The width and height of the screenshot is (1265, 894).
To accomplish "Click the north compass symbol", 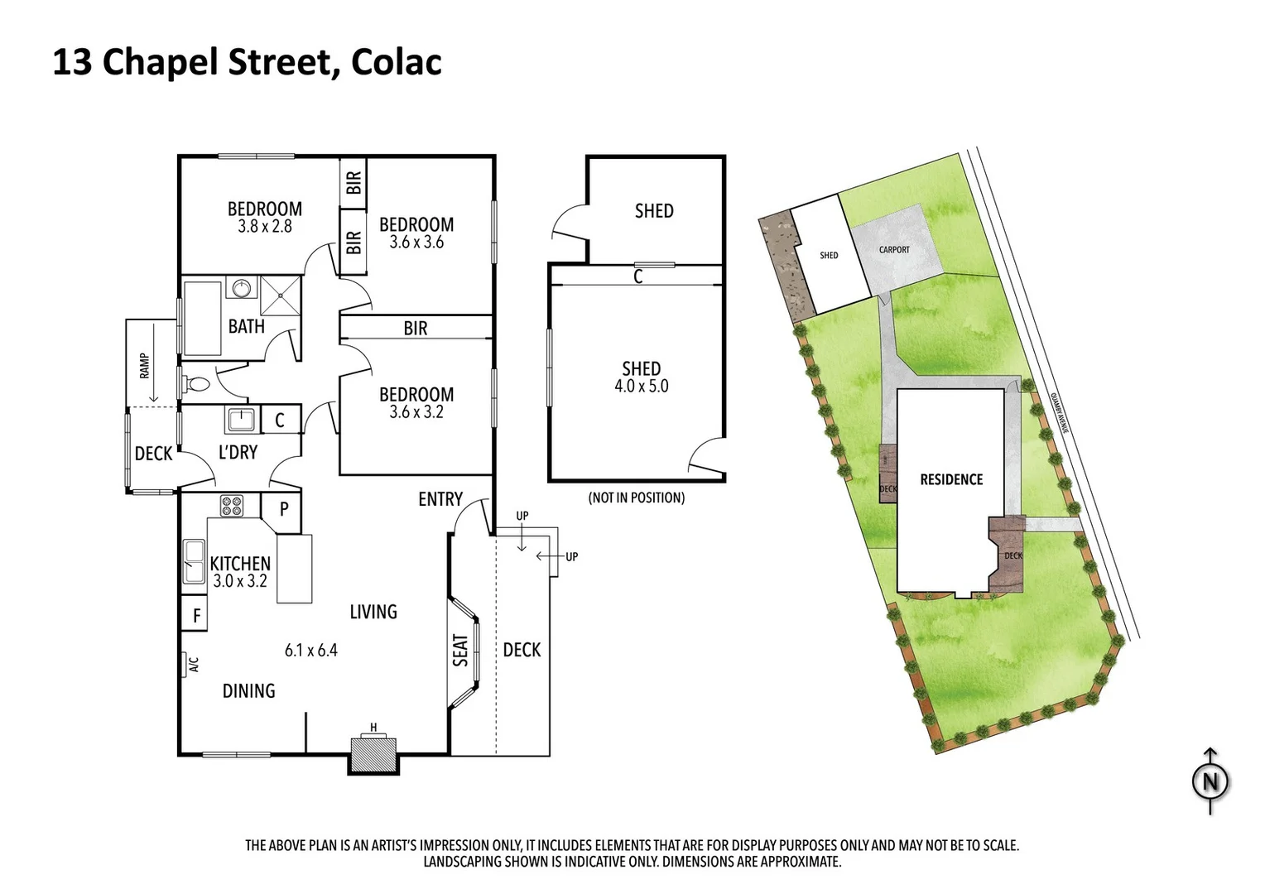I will pyautogui.click(x=1210, y=781).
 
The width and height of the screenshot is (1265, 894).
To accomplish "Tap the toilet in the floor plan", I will pyautogui.click(x=197, y=384).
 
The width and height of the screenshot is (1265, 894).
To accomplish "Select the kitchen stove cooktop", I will pyautogui.click(x=231, y=505).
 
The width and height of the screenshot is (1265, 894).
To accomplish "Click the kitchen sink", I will pyautogui.click(x=194, y=561).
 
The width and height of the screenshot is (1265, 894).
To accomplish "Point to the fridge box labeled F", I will pyautogui.click(x=195, y=616).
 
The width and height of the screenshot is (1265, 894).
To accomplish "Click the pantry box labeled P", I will pyautogui.click(x=283, y=509).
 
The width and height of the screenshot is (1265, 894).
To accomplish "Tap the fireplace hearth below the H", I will pyautogui.click(x=373, y=754).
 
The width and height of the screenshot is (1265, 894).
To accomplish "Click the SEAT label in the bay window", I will pyautogui.click(x=460, y=651).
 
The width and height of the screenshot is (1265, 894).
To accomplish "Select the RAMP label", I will pyautogui.click(x=145, y=365).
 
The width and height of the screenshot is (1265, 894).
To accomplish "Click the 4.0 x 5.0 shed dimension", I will pyautogui.click(x=641, y=387).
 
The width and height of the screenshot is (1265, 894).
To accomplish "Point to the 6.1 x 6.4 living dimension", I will pyautogui.click(x=310, y=651).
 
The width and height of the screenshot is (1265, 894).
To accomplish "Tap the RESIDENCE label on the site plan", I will pyautogui.click(x=951, y=480).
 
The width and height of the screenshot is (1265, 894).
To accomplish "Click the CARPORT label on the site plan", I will pyautogui.click(x=894, y=250).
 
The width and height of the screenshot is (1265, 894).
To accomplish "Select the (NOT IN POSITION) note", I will pyautogui.click(x=636, y=498).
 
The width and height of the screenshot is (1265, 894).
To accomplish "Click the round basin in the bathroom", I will pyautogui.click(x=242, y=288).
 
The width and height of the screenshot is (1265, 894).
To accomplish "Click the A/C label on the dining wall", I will pyautogui.click(x=193, y=665).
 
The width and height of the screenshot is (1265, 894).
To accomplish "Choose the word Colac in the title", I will pyautogui.click(x=396, y=62).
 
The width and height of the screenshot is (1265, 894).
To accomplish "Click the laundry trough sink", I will pyautogui.click(x=241, y=420).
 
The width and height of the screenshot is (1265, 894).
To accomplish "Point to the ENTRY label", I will pyautogui.click(x=440, y=499).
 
